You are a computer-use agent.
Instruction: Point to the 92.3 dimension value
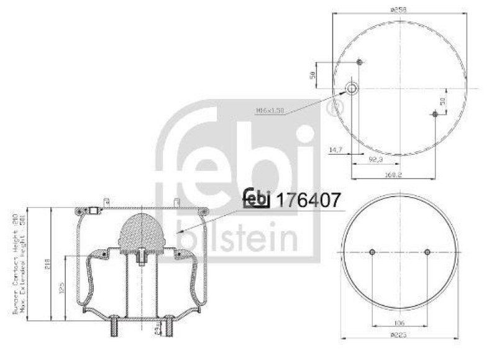(375, 160)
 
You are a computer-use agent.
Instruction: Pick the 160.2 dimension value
(389, 175)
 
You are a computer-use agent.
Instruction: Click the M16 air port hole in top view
(352, 89)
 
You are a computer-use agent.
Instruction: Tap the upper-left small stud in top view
(361, 62)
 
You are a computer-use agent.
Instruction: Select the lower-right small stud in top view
(435, 114)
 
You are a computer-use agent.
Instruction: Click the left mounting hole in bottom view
(372, 252)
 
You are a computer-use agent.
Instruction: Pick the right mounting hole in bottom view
(427, 252)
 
